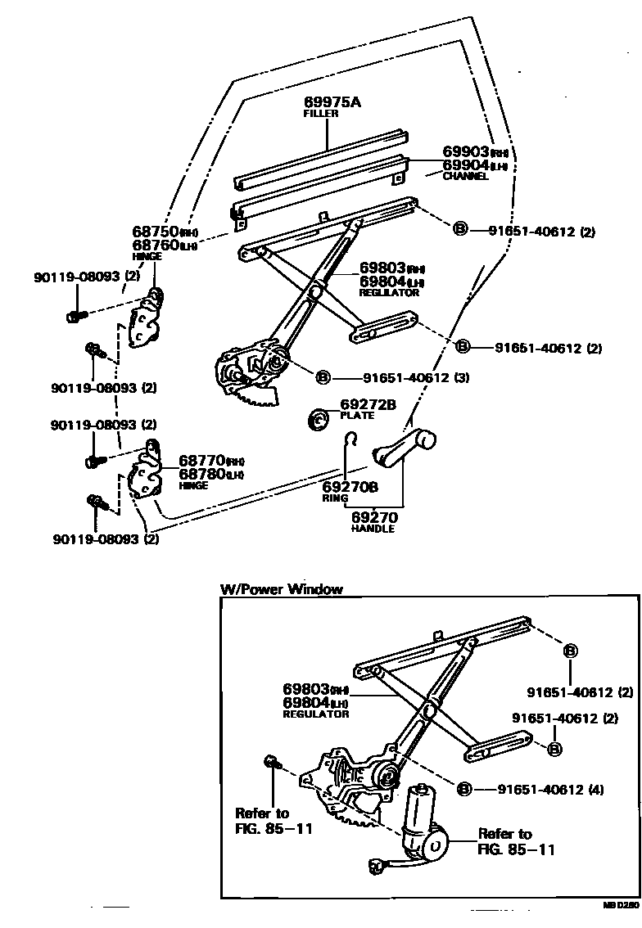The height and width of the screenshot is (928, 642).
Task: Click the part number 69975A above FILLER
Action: coord(332,102)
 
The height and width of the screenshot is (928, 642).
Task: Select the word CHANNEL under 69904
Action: coord(465,176)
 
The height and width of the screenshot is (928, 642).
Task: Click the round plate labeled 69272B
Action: coord(319,419)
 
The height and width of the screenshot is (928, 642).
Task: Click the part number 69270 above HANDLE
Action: coord(374,517)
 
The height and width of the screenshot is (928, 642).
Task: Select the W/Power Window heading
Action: coord(281,589)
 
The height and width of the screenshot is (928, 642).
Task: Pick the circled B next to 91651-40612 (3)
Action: coord(323,378)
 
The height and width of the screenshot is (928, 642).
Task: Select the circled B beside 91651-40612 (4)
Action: coord(464,789)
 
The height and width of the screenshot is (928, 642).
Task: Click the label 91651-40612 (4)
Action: coord(550,790)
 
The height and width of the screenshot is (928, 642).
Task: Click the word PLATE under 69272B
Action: coord(357,416)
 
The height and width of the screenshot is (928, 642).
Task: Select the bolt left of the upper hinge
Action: coord(74,315)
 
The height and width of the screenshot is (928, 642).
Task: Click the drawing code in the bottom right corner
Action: coord(621,906)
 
